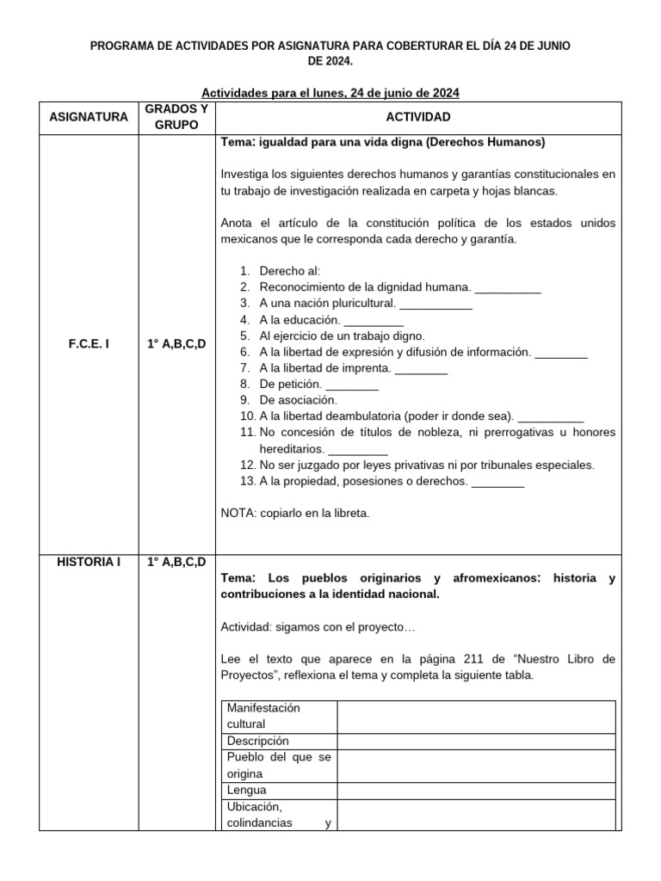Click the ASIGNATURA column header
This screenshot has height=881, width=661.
click(x=88, y=116)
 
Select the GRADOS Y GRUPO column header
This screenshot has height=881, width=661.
click(x=176, y=116)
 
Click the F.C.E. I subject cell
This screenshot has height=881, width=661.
click(x=88, y=343)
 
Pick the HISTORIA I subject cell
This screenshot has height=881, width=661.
click(x=88, y=562)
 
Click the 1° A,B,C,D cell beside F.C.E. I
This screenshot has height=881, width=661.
click(x=176, y=343)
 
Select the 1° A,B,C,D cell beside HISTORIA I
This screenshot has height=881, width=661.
click(x=176, y=562)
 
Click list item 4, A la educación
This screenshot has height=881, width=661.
click(x=300, y=319)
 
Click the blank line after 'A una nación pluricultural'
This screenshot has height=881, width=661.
click(x=436, y=304)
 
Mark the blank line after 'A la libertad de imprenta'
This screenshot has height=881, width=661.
click(x=421, y=367)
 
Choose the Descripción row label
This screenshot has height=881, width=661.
click(x=258, y=741)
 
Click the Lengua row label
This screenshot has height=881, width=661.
click(x=247, y=790)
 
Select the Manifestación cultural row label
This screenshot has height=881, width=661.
click(x=263, y=716)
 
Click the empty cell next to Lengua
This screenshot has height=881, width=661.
click(x=475, y=790)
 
